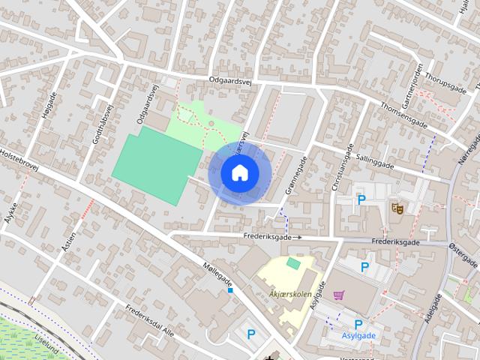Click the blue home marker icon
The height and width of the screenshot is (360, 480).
coord(239,172)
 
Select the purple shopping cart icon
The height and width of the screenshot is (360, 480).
coord(339,295)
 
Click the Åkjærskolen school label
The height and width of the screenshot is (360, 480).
coord(290,294)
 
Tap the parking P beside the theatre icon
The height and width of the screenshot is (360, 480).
coord(361,200)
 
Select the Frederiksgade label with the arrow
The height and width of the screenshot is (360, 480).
coord(271,236)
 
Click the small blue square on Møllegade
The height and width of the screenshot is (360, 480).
coord(230,290)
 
